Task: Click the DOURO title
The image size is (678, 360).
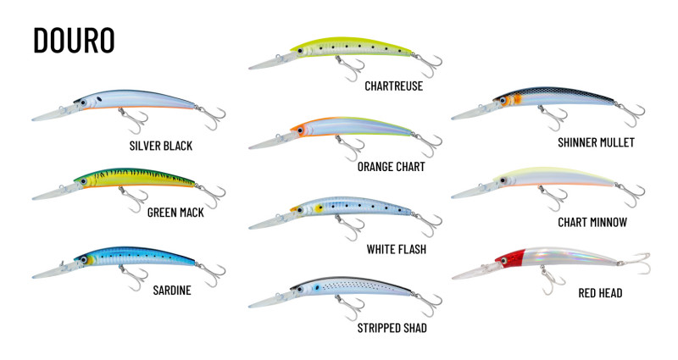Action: click(x=73, y=40)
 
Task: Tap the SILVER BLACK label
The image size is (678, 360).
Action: click(x=161, y=146)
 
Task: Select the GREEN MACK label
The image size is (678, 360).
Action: click(x=175, y=213)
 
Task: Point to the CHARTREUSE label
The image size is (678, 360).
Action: click(x=381, y=86)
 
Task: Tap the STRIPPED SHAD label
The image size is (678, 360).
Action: click(x=381, y=327)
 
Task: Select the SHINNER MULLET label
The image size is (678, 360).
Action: click(x=597, y=142)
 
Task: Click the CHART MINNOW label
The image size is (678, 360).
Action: click(x=592, y=222)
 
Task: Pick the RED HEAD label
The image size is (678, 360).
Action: click(x=600, y=293)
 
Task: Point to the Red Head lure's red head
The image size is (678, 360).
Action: click(x=512, y=258)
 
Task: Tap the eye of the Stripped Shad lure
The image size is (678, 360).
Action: click(x=317, y=289)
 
